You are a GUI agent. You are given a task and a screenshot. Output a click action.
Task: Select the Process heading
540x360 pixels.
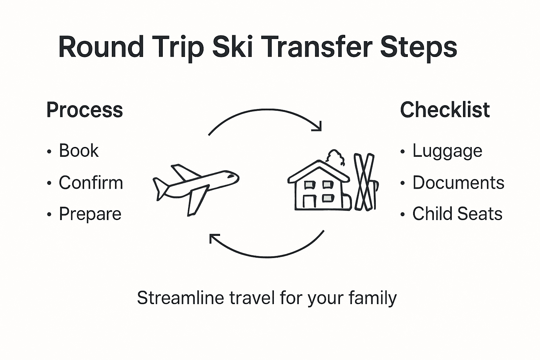point(84,110)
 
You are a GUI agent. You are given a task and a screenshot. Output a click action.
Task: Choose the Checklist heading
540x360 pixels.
point(445,110)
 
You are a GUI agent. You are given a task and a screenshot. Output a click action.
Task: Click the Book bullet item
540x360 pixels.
point(78,151)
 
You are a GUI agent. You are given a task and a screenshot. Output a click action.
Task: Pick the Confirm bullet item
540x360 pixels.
point(91,182)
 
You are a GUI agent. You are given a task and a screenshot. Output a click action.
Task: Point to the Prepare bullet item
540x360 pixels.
point(90,214)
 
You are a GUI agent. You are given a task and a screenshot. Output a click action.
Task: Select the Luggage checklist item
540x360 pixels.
point(447,151)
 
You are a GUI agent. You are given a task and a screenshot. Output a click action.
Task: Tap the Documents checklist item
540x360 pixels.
point(458,182)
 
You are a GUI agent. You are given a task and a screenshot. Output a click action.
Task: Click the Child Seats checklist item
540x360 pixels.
point(457,214)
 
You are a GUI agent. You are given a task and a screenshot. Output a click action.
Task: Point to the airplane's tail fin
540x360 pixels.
point(160,188)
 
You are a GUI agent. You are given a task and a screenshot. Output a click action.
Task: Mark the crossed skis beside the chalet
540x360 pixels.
point(365,182)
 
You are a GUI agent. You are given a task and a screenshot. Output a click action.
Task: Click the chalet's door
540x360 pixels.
point(309,201)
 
